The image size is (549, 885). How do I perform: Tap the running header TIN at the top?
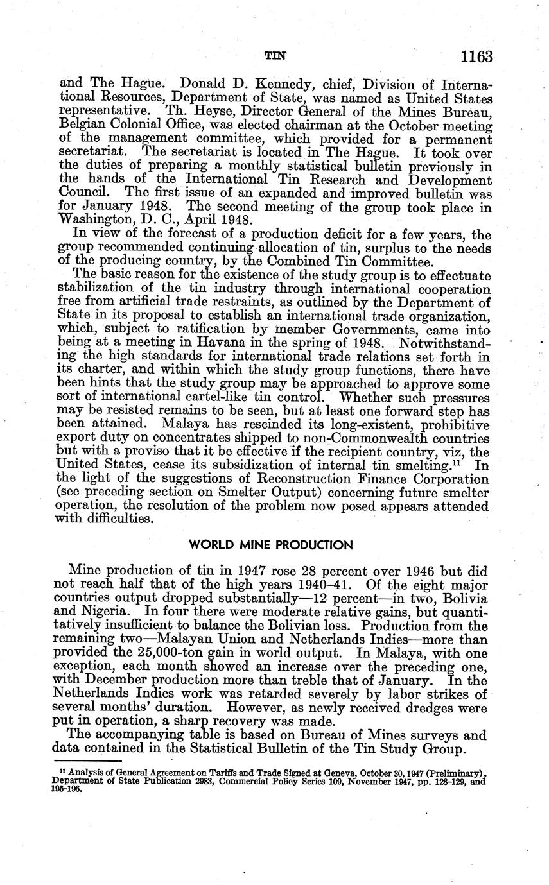click(275, 56)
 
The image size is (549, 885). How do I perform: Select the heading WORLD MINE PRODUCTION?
click(271, 546)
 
